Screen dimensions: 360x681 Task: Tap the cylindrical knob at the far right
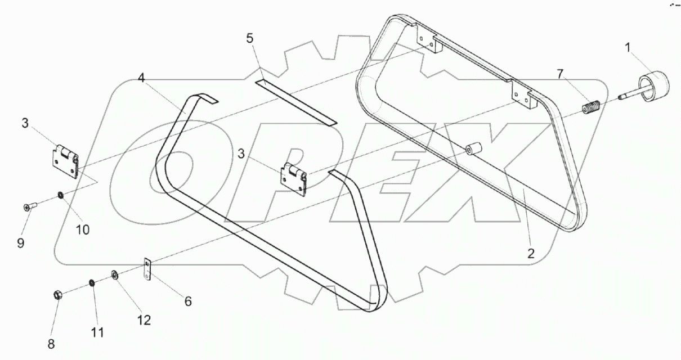(x=656, y=87)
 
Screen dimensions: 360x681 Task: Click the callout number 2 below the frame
(x=530, y=253)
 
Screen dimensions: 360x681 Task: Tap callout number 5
(x=250, y=38)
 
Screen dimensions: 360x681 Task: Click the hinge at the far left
(x=65, y=162)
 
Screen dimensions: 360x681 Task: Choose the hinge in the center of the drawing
(x=294, y=179)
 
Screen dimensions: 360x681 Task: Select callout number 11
(x=98, y=332)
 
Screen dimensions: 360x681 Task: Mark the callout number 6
(x=187, y=301)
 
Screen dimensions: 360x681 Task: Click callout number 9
(x=21, y=243)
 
